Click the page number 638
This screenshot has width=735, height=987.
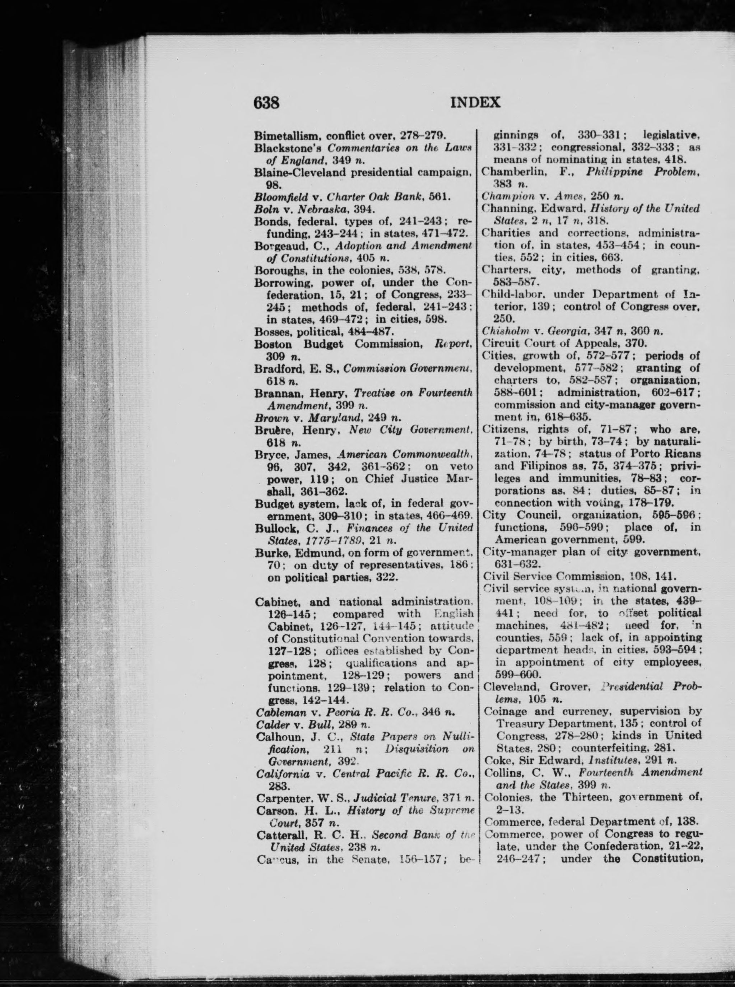[x=266, y=103]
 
